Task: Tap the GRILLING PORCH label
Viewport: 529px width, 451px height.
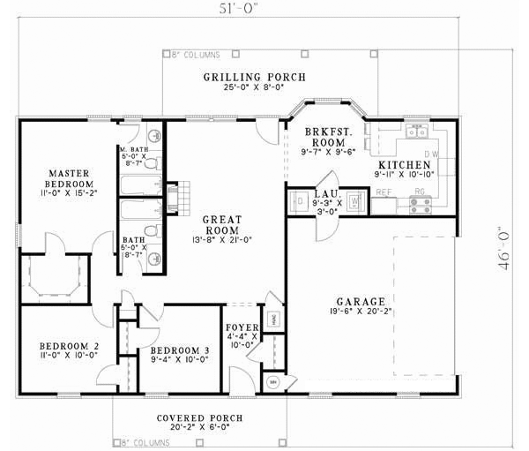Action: [x=255, y=78]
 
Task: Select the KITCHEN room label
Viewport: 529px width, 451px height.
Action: [x=404, y=165]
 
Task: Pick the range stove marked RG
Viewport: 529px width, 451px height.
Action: [x=419, y=205]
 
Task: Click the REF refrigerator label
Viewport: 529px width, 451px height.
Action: [x=384, y=191]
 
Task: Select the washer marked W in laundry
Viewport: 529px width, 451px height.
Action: [x=354, y=201]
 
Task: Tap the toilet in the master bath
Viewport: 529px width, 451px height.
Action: [x=153, y=135]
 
